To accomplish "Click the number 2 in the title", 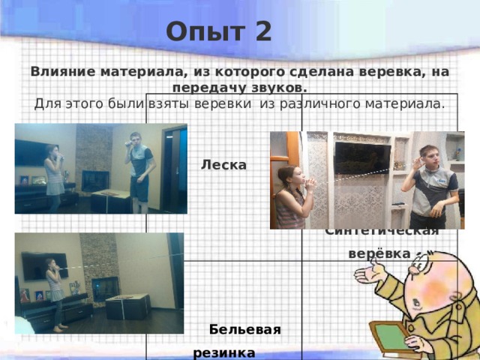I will (262, 32).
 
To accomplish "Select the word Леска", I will (224, 164).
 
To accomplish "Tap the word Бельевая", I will (245, 329).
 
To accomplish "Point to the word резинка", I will (224, 351).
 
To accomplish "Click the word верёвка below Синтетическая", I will (379, 253).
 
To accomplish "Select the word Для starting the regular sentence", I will (47, 103).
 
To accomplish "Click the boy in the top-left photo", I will (139, 165).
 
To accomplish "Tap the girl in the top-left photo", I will (55, 176).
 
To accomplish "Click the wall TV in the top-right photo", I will (361, 157).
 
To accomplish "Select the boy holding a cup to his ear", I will (430, 184).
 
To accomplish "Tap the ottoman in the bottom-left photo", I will (127, 305).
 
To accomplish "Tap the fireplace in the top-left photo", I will (95, 181).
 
